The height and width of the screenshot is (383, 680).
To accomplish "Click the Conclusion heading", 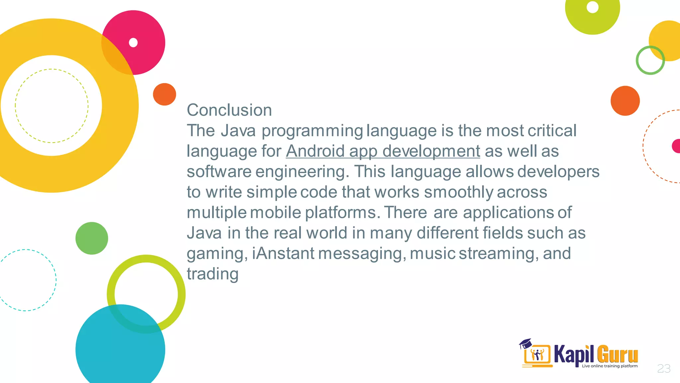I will pos(229,110).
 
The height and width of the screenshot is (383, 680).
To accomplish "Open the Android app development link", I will pos(383,151).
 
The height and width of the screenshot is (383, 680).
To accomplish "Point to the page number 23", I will pos(664,369).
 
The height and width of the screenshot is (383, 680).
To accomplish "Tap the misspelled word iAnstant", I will pos(283,253).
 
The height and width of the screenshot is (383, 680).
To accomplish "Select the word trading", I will pos(212,274).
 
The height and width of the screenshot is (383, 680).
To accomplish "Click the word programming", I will pos(312,131).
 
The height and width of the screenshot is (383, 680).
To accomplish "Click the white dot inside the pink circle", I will pos(133,43).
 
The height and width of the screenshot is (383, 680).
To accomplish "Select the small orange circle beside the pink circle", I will pos(164,94).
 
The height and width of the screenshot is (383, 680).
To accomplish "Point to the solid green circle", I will pos(92,238).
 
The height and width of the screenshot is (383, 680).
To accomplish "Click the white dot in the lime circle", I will pos(592,7).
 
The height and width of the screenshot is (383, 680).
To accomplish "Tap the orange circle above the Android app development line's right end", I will pos(625,101).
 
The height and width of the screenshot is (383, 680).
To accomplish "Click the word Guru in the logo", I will pos(617,355).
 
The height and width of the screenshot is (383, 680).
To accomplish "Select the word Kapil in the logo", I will pos(573,355).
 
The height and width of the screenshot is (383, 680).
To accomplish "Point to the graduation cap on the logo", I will pos(525,343).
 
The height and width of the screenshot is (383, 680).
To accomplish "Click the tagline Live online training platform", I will pos(610,366).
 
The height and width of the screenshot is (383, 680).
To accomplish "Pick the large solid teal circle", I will pos(120,349).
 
